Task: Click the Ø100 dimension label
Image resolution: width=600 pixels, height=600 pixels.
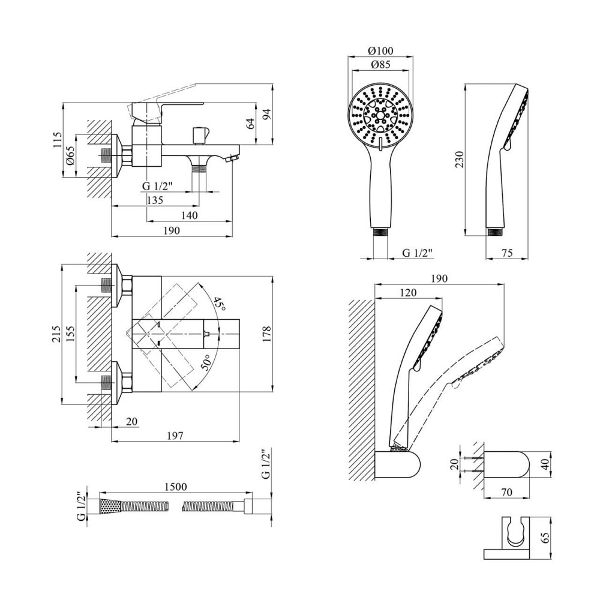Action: (x=381, y=50)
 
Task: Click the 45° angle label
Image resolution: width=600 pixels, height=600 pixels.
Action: (x=219, y=305)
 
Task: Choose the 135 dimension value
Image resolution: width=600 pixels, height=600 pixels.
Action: (x=154, y=200)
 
